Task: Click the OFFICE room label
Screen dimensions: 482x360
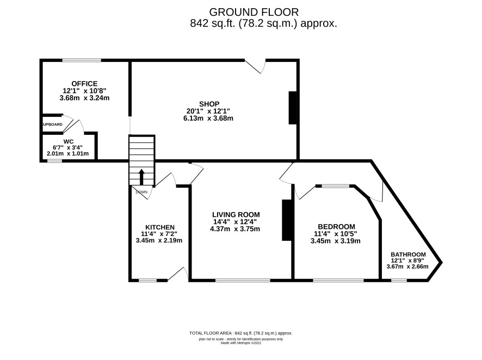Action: (x=84, y=84)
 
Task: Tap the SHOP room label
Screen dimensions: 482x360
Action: (x=209, y=104)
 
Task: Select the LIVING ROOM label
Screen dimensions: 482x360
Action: (x=236, y=215)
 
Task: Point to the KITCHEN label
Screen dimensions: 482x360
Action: (x=160, y=227)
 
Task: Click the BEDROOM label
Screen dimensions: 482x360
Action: (x=336, y=227)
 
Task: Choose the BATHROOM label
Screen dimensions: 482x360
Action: (x=408, y=255)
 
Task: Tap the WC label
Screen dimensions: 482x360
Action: (x=69, y=141)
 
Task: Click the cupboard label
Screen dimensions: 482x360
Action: (x=52, y=125)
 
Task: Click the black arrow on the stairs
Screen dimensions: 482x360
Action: (x=141, y=177)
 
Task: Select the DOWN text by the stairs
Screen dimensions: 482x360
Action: (x=141, y=192)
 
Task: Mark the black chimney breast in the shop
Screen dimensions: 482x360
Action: (x=292, y=108)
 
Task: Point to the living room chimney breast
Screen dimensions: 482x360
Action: (x=287, y=220)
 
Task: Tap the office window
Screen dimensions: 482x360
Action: (x=82, y=60)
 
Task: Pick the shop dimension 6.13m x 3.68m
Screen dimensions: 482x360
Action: (x=208, y=118)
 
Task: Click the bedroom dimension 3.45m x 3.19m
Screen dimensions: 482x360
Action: (x=335, y=241)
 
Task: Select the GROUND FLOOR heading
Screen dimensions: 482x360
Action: (x=254, y=12)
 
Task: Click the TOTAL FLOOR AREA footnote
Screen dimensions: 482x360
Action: (x=240, y=333)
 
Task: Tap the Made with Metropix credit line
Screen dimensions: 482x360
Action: (x=241, y=343)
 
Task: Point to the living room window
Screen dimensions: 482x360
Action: (x=243, y=280)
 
